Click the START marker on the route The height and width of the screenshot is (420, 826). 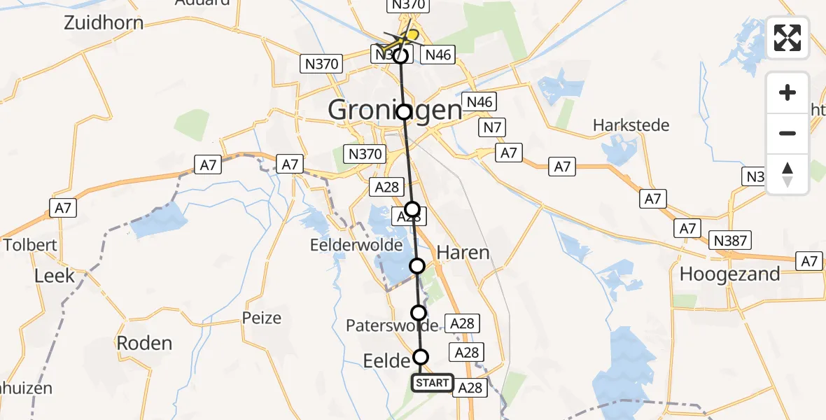[432, 383]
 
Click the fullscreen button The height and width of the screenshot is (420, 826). [787, 38]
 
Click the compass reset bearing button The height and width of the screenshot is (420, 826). [787, 174]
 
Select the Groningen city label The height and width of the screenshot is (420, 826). [395, 110]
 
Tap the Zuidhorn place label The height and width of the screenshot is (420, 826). [104, 22]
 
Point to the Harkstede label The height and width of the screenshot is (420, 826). [631, 125]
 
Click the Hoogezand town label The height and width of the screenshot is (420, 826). [730, 274]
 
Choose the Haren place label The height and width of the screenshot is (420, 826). [463, 252]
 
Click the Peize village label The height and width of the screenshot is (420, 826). [262, 318]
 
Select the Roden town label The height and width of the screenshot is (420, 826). [143, 343]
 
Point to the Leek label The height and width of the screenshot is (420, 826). [55, 276]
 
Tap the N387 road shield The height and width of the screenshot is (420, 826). [731, 241]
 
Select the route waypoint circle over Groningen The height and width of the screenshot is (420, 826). [404, 112]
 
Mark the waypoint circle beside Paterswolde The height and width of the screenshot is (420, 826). [419, 312]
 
